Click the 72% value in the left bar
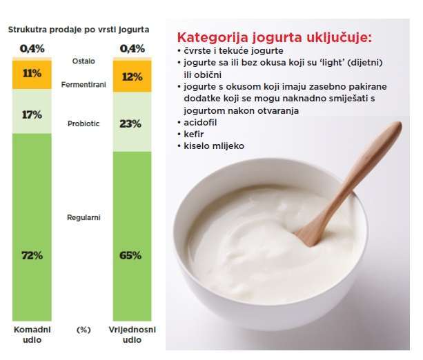32,255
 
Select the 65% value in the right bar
130,255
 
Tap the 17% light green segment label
32,115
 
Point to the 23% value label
130,124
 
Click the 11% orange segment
32,74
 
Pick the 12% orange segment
132,76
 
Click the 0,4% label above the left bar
32,49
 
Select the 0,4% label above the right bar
132,49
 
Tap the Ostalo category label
83,61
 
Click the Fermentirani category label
83,85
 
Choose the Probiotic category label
83,123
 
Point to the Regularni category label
83,218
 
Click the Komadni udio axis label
32,334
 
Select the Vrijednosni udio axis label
132,334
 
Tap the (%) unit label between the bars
83,330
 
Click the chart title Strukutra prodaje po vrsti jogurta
79,30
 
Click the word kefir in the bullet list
194,134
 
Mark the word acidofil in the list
200,123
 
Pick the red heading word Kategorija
213,37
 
